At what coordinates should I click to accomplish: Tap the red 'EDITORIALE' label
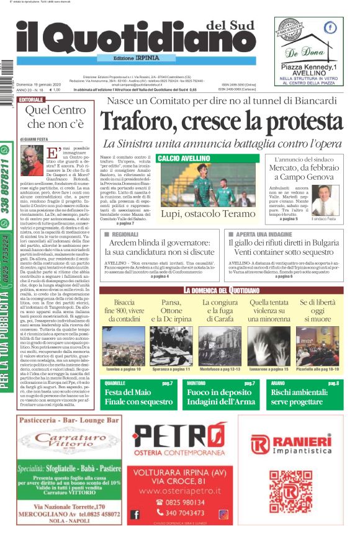pos(32,100)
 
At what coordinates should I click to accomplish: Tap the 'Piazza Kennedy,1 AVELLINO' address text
pos(308,70)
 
